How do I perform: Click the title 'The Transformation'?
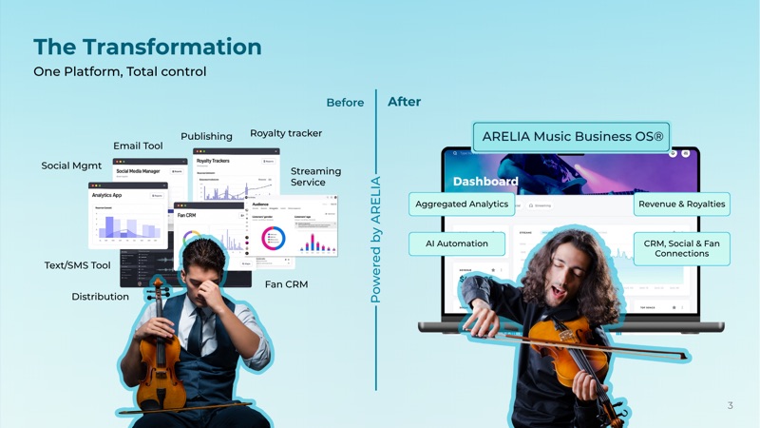(x=147, y=47)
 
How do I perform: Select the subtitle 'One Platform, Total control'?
(x=120, y=72)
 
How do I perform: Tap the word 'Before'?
(x=345, y=103)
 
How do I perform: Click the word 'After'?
(x=404, y=102)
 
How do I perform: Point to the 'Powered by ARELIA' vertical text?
(x=375, y=240)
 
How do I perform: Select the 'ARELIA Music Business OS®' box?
(x=572, y=136)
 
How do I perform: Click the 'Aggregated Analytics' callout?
(x=462, y=204)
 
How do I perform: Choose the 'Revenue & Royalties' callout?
(x=681, y=204)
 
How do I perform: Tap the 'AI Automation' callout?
(x=456, y=243)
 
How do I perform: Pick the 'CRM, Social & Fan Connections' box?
(x=681, y=248)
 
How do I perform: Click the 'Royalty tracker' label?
(x=286, y=133)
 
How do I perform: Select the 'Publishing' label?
(x=206, y=136)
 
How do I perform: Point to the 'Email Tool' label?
(x=138, y=146)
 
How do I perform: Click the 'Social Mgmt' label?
(x=71, y=165)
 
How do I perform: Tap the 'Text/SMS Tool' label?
(x=77, y=265)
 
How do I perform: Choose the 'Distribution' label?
(x=100, y=297)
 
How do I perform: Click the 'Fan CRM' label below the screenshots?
(x=286, y=284)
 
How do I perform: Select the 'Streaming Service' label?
(x=315, y=177)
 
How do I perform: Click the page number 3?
(x=730, y=405)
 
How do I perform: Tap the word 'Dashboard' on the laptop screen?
(x=484, y=181)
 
